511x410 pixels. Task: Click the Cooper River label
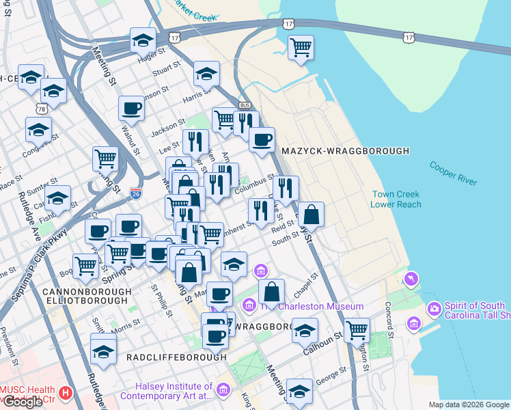click(x=453, y=172)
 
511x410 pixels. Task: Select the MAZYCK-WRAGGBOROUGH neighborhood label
click(x=350, y=150)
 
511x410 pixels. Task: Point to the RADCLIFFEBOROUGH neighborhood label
click(x=176, y=357)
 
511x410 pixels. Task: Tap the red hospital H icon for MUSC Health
click(x=66, y=393)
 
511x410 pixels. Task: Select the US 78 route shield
click(x=42, y=109)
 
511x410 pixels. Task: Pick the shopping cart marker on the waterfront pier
click(x=300, y=48)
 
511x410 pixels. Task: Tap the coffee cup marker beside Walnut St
click(x=131, y=107)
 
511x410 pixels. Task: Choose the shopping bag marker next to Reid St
click(x=311, y=215)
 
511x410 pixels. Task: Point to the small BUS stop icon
click(x=244, y=105)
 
